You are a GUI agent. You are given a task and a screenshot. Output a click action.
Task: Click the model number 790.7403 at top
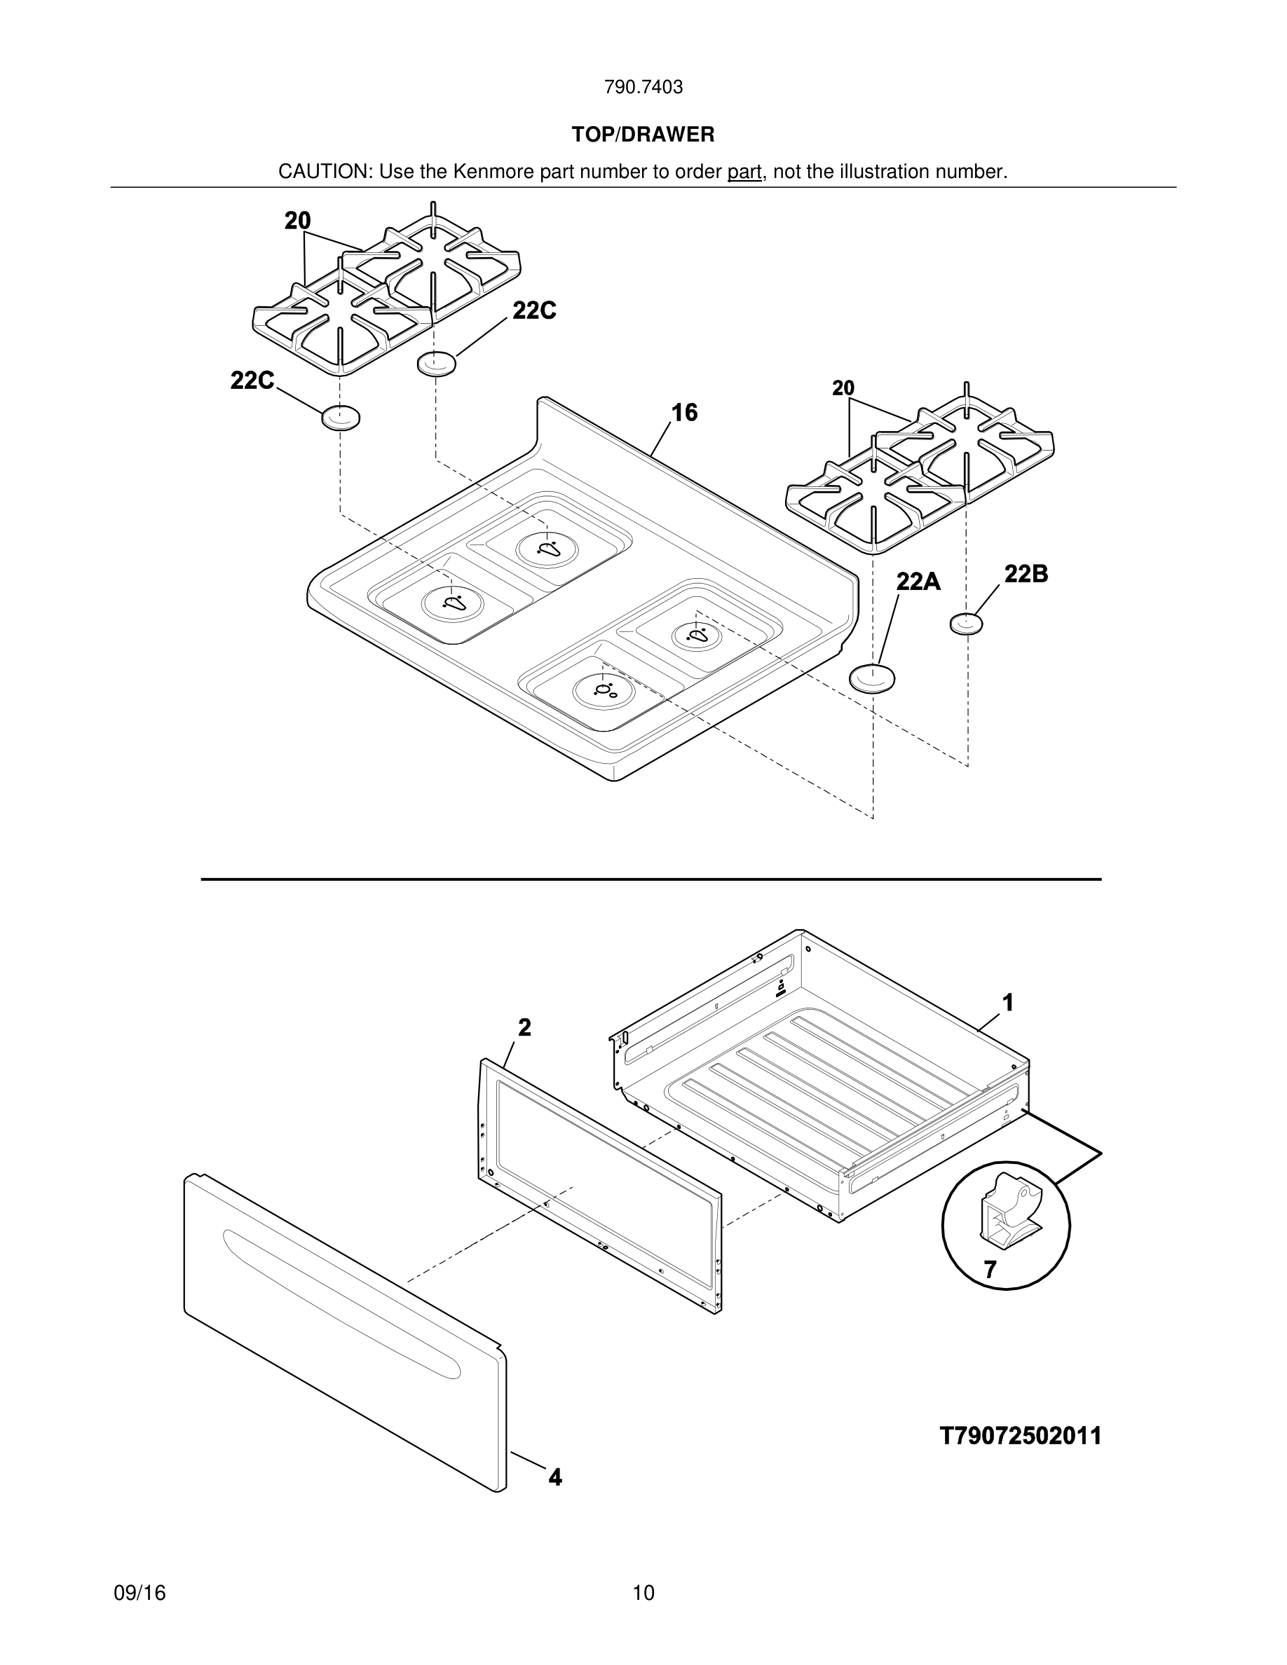coord(643,88)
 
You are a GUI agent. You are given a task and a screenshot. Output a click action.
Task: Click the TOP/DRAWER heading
coord(643,135)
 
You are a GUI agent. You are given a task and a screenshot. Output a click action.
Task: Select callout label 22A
coord(918,582)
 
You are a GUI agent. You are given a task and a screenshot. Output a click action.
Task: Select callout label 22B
coord(1026,574)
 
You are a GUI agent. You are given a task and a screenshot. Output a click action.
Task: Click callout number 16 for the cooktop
coord(684,413)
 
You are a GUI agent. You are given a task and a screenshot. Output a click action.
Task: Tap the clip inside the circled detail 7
coord(1007,1212)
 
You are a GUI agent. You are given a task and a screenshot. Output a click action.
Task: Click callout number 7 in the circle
coord(990,1270)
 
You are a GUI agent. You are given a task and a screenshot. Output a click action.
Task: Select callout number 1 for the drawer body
coord(1007,1003)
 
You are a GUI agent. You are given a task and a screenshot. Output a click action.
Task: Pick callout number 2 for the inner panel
coord(524,1028)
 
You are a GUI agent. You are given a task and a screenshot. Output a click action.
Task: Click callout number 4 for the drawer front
coord(555,1477)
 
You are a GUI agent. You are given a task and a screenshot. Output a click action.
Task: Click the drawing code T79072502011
coord(1020,1437)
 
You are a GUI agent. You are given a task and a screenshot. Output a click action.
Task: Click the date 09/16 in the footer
coord(139,1593)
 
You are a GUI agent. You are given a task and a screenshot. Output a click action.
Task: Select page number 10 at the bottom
coord(643,1593)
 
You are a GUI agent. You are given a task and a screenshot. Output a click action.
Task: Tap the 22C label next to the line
coord(533,311)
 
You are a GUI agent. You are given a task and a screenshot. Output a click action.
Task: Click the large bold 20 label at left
coord(297,221)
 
